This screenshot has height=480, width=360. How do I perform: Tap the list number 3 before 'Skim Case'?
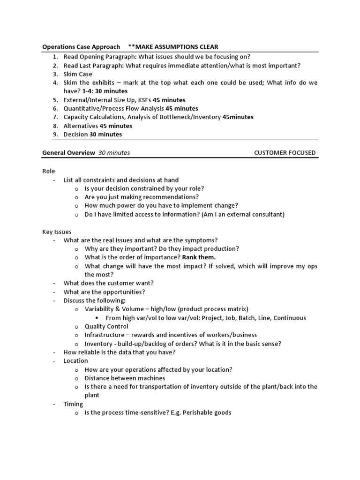pos(55,74)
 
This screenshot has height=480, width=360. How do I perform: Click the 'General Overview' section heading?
pos(68,153)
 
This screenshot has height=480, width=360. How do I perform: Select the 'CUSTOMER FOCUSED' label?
pos(285,153)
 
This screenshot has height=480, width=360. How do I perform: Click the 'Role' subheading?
pos(48,172)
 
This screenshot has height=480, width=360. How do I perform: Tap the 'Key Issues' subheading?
pos(57,232)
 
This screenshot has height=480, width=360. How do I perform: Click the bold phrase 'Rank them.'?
pos(199,257)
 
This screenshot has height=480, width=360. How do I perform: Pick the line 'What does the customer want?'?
pos(108,283)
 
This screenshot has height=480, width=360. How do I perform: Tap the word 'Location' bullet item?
pos(75,360)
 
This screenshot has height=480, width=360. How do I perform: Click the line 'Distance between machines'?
pos(125,378)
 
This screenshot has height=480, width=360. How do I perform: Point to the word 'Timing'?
pos(73,404)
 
